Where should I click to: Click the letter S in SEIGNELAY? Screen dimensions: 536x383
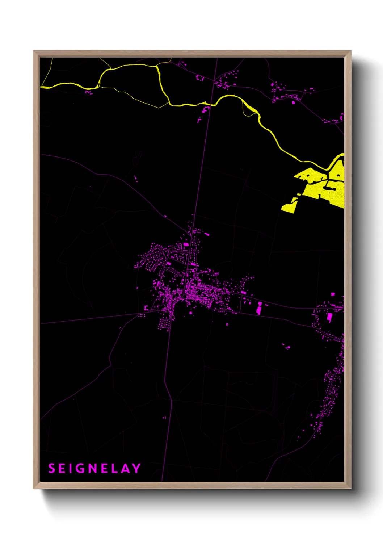pos(51,468)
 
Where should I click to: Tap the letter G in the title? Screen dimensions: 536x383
pos(80,468)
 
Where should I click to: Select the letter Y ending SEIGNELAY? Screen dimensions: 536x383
pos(136,468)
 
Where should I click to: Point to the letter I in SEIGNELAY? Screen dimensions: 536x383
pos(71,468)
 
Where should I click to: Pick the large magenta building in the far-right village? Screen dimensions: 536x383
pos(329,318)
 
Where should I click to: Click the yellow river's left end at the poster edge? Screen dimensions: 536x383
pos(42,87)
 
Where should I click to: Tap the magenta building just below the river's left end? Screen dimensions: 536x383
pos(88,92)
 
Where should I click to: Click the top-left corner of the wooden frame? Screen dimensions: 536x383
pos(34,51)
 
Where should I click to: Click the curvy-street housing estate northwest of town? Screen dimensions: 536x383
pos(154,255)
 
